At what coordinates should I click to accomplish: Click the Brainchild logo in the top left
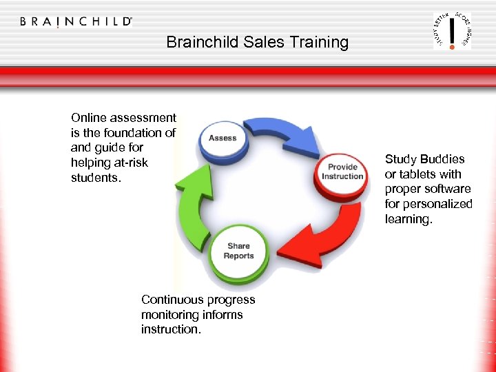point(76,21)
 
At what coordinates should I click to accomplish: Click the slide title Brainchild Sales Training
point(257,42)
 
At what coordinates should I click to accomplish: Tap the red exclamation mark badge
point(452,31)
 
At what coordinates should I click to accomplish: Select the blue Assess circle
point(222,138)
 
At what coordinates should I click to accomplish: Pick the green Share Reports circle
point(238,251)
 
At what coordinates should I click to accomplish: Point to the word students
point(94,178)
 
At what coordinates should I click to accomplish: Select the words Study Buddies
point(424,159)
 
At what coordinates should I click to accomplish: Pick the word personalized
point(438,204)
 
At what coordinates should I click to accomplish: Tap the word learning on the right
point(407,219)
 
